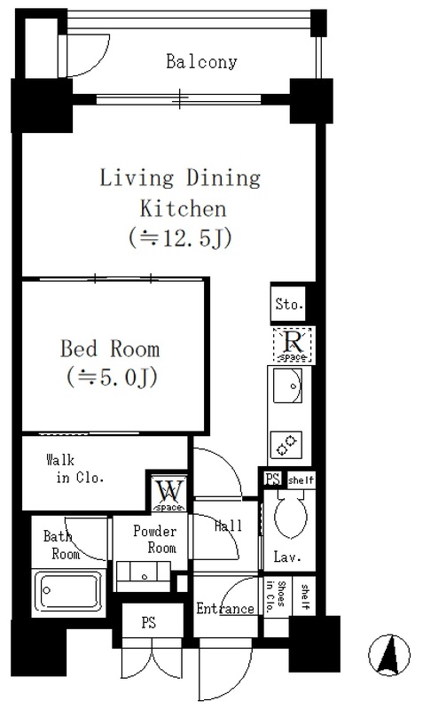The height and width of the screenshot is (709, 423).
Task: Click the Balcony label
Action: click(201, 61)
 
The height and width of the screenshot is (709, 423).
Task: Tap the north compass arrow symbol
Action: click(389, 655)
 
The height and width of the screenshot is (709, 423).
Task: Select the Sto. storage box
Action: click(288, 304)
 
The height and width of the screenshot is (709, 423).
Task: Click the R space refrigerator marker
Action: click(293, 345)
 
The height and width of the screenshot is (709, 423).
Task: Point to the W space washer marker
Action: click(169, 494)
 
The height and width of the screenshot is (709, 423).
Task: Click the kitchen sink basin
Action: click(287, 386)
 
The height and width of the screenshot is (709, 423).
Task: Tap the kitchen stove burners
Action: click(286, 444)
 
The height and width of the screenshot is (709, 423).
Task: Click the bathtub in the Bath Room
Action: click(69, 591)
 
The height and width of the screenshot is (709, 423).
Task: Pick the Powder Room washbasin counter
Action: click(144, 575)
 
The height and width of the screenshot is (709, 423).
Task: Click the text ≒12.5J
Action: click(181, 238)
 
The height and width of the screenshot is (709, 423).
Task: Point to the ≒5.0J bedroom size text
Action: click(112, 377)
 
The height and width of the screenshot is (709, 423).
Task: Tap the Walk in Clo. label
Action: click(75, 469)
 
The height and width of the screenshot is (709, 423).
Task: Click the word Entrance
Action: click(225, 608)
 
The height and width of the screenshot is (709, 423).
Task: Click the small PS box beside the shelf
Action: click(273, 479)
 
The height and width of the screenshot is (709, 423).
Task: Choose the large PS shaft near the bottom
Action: click(148, 622)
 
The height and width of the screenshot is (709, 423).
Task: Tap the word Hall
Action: click(228, 526)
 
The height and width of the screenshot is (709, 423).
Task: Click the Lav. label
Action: click(287, 557)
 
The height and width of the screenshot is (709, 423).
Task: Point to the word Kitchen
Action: click(183, 208)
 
